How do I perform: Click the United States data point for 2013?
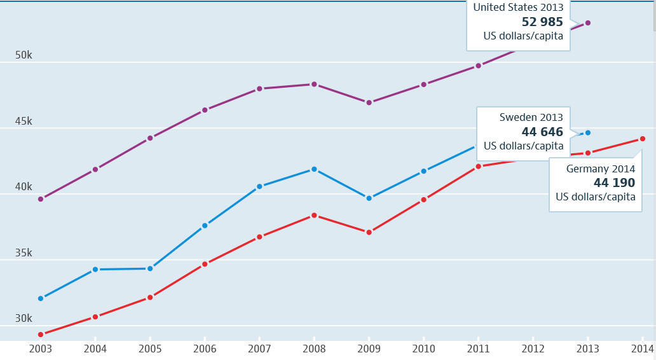point(587,23)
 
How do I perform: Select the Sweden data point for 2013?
point(587,133)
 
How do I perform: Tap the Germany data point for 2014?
point(642,139)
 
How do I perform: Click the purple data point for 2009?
point(369,102)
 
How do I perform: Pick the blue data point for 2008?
point(314,169)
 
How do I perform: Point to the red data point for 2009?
point(369,232)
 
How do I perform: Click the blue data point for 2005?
point(150,268)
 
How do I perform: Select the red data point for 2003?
point(41,335)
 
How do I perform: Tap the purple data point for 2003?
point(41,199)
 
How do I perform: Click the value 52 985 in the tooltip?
point(542,22)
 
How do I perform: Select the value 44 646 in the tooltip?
point(542,132)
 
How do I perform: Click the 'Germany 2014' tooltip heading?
point(600,169)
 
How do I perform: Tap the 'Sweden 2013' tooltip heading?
point(531,117)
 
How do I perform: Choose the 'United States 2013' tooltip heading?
point(517,7)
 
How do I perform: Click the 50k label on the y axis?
point(24,55)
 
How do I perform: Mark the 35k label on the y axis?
point(24,253)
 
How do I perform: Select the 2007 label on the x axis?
point(259,349)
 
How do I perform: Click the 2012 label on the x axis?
point(533,349)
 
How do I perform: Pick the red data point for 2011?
point(478,167)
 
